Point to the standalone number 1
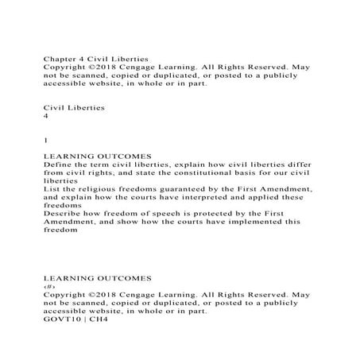45,140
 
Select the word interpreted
202,196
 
